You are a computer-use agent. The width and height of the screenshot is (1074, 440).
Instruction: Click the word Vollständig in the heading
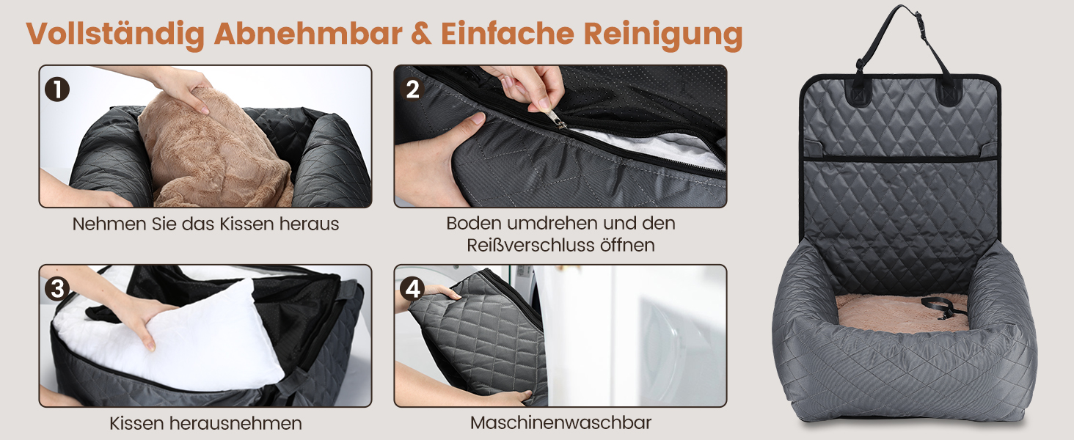(x=115, y=34)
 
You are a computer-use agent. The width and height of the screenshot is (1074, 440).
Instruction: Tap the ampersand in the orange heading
(x=421, y=34)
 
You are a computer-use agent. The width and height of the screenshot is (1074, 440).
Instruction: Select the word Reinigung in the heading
(x=663, y=34)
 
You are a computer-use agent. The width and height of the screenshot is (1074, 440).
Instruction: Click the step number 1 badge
(x=57, y=89)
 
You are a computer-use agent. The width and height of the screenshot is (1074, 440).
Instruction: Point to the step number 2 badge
(x=412, y=89)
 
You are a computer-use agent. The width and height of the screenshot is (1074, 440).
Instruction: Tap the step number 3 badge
(x=57, y=289)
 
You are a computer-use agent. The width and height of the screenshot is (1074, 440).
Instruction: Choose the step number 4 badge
(x=412, y=289)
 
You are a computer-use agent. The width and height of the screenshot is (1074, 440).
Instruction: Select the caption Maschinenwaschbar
(x=560, y=422)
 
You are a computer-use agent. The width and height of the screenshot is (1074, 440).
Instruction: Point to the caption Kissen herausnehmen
(x=205, y=423)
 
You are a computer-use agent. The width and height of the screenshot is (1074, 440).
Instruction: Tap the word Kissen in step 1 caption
(x=247, y=224)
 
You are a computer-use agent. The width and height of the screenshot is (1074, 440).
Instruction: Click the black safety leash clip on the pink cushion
(x=940, y=307)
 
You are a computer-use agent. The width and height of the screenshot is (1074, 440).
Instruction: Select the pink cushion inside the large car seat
(x=902, y=314)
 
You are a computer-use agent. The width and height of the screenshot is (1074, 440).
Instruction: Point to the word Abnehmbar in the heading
(x=308, y=34)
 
